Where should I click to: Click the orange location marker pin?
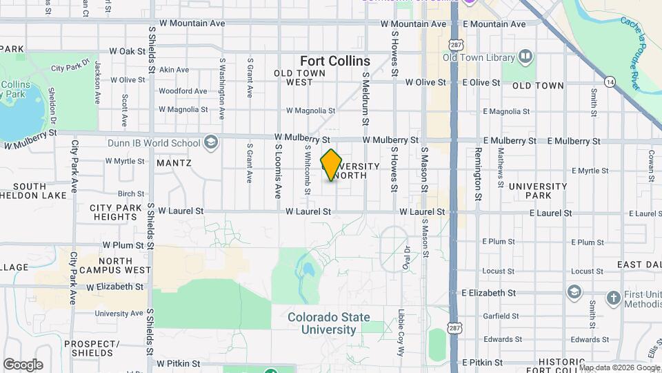tap(332, 165)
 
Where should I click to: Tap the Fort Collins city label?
tap(335, 61)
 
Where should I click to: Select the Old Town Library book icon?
tap(525, 56)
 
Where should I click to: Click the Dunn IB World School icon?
tap(212, 143)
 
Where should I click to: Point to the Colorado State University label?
tap(329, 323)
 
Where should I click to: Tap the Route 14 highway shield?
tap(610, 82)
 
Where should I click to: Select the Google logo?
tap(23, 364)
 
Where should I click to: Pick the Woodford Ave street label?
tap(183, 90)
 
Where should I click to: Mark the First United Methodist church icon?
tap(614, 298)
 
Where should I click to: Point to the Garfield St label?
tap(502, 316)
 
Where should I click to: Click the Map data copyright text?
tap(611, 367)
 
